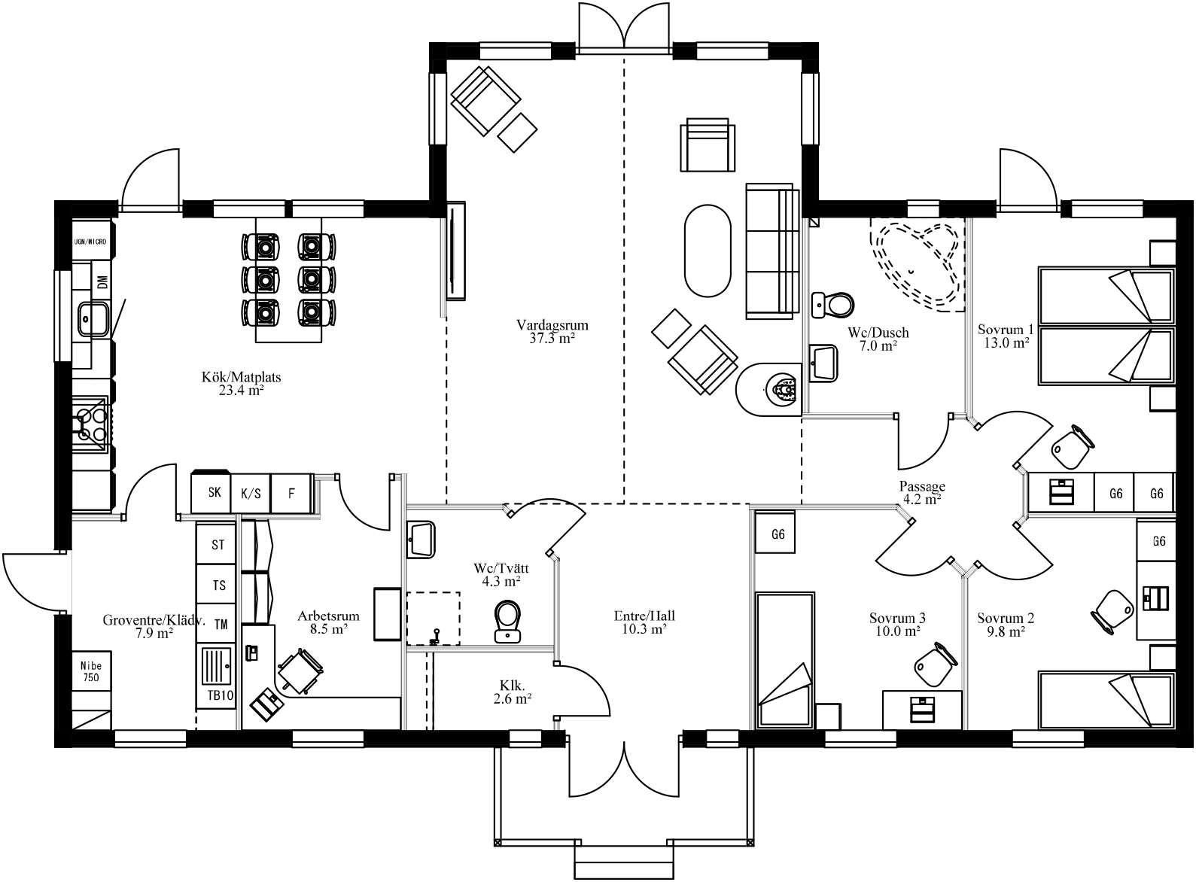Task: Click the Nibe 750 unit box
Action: point(91,671)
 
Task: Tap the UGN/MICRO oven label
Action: point(90,242)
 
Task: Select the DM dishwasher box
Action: point(102,282)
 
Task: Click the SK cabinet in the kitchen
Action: point(215,493)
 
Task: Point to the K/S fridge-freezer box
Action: point(251,494)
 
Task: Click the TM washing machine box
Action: point(220,624)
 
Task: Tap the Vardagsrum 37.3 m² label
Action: point(552,332)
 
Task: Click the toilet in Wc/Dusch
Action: point(834,304)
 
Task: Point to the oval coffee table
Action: point(708,251)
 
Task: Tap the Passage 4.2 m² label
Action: point(922,493)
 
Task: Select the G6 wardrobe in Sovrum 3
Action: point(778,534)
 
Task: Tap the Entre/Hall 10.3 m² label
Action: point(644,622)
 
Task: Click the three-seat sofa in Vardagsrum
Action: point(771,250)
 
